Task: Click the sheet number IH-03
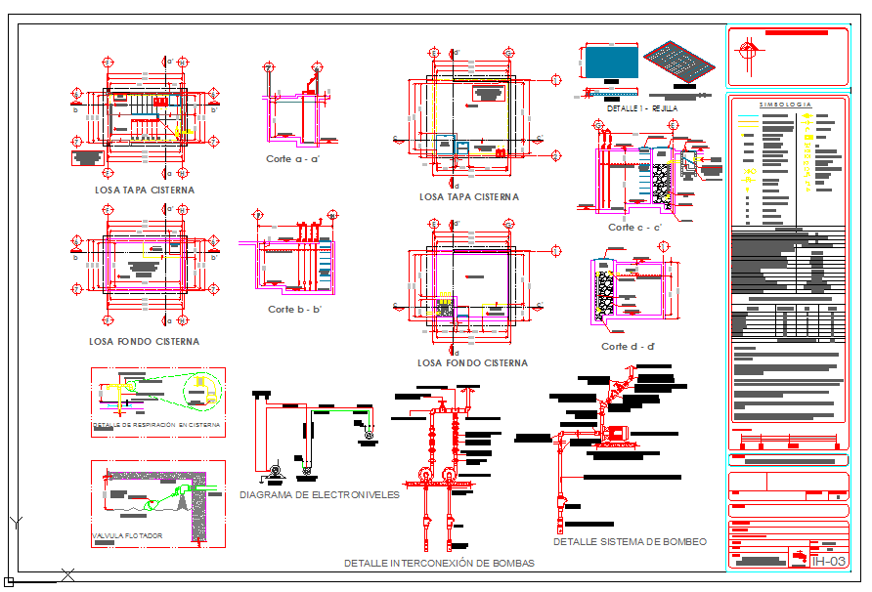(829, 561)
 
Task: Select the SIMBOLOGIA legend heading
(786, 105)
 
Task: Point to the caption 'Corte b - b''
(295, 309)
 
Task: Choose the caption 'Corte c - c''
(634, 228)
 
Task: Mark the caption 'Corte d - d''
(628, 347)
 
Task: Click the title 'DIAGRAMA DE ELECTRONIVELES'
(320, 495)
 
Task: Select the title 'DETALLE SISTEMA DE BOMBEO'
(630, 541)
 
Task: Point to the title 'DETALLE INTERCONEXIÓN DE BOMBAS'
(439, 564)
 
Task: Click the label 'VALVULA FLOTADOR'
(127, 536)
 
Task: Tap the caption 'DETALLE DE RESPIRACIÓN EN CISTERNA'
(157, 426)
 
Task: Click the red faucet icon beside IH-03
(801, 558)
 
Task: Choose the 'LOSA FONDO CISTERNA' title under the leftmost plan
(144, 342)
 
